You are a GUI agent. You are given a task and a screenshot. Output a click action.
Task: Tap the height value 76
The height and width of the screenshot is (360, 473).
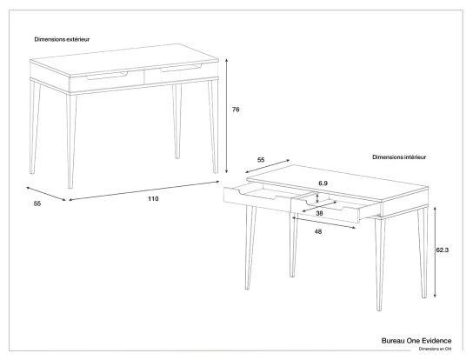click(235, 110)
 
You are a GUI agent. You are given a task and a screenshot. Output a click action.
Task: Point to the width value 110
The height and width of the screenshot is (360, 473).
click(152, 199)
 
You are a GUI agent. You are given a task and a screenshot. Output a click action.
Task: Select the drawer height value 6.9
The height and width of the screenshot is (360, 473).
click(323, 183)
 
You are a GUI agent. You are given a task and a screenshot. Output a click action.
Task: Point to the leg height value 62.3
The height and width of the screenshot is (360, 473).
click(443, 250)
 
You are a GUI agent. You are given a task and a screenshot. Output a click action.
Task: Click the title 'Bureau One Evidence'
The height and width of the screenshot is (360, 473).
click(416, 340)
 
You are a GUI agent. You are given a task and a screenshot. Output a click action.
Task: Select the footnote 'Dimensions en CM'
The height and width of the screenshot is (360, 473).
click(434, 349)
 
